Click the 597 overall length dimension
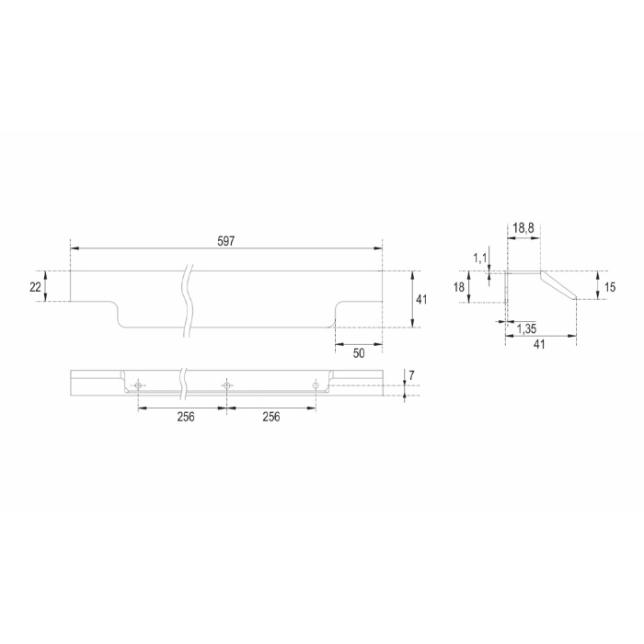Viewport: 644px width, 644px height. (226, 241)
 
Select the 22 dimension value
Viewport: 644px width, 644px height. (35, 287)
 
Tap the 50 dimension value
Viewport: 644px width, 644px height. (359, 353)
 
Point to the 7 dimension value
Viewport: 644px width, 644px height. (411, 375)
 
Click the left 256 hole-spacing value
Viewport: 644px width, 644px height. (186, 417)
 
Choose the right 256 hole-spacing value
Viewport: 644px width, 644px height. (271, 417)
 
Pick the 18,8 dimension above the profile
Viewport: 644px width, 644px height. (523, 228)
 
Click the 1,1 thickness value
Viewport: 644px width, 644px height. (479, 258)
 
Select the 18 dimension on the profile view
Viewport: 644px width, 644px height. (459, 287)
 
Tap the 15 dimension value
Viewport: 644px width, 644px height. (610, 287)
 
